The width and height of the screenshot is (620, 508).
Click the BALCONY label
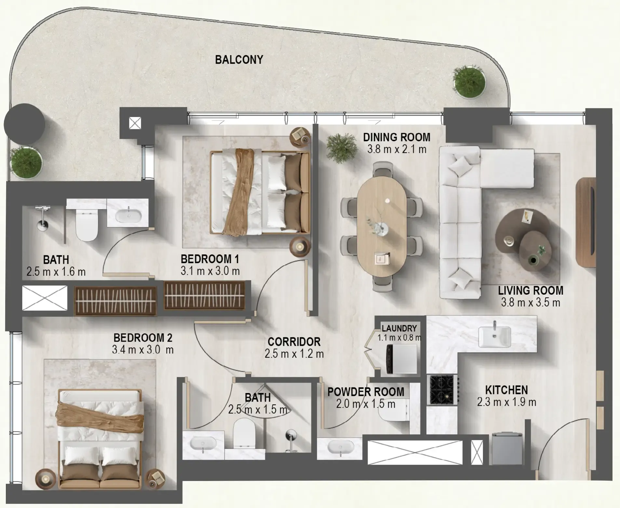point(239,60)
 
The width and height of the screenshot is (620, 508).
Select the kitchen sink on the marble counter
point(494,337)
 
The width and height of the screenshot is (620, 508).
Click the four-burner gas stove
point(442,389)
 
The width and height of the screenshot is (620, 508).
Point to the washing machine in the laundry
point(401,359)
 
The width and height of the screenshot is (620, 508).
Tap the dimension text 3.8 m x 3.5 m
point(530,303)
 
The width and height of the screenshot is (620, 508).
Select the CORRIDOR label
point(294,342)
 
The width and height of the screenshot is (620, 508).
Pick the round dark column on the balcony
point(24,124)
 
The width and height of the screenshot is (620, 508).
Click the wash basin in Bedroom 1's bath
point(128,216)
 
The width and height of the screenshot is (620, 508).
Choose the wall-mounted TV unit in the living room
point(586,222)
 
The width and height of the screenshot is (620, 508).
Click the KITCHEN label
point(506,390)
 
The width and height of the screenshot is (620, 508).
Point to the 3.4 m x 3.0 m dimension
point(142,350)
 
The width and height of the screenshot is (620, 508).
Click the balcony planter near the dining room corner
point(469,82)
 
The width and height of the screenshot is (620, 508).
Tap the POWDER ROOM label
point(366,392)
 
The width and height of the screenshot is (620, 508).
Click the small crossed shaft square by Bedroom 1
point(135,123)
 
